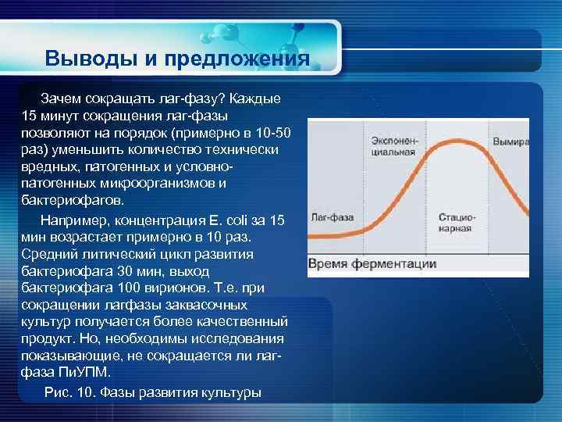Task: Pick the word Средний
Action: [48, 253]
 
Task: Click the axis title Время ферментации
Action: [372, 263]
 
